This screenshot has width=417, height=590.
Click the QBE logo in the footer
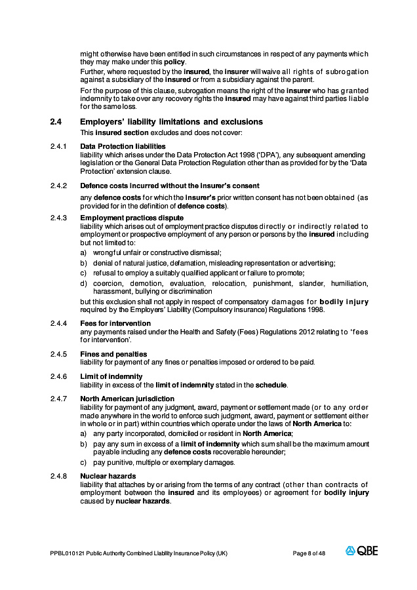361,551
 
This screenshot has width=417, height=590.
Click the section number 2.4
56,122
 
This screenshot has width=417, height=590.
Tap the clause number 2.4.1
58,146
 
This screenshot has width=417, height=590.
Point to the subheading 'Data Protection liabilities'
123,146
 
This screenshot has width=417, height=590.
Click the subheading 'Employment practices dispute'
132,218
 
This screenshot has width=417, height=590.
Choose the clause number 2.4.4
58,323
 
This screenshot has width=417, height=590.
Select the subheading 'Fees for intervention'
115,323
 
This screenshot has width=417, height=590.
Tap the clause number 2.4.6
58,376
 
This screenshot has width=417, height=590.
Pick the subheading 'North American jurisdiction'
127,399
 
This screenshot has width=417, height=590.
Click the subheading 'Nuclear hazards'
108,476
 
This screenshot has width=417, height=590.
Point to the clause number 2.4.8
58,476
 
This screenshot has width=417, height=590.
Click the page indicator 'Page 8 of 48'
309,553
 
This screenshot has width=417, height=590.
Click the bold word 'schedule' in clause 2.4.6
271,385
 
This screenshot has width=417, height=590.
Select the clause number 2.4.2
58,186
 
